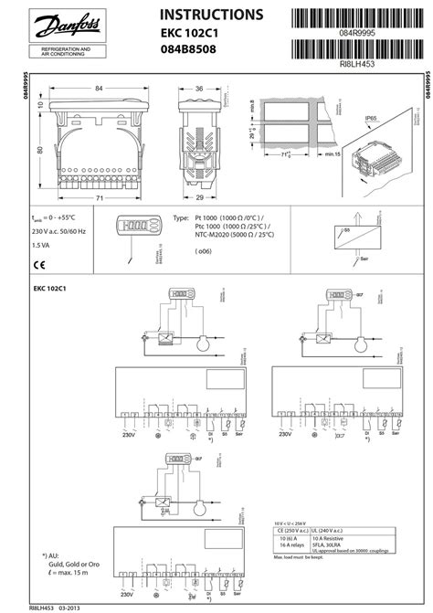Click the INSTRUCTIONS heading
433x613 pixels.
coord(212,16)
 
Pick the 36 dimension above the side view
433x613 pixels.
coord(199,88)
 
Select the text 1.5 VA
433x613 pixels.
coord(42,246)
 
